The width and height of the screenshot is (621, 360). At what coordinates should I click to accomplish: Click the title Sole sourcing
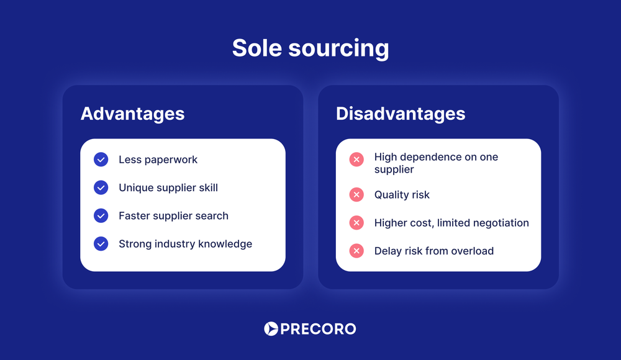coord(310,48)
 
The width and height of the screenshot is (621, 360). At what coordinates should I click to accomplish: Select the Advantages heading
coord(132,114)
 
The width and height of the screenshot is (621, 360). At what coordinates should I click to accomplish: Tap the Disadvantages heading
coord(401,114)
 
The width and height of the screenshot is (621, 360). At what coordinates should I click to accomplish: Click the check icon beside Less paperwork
coord(101,160)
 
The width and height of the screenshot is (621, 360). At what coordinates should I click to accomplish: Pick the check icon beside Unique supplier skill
coord(101,187)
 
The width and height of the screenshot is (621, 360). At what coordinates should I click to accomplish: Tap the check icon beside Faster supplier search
coord(101,215)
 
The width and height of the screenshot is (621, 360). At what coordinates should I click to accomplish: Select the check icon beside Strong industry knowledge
coord(101,244)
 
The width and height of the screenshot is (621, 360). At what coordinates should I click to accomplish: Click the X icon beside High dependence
coord(356,160)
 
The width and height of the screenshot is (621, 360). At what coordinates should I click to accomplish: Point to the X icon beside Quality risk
coord(356,195)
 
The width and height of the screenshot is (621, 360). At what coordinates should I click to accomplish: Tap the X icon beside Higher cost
coord(356,223)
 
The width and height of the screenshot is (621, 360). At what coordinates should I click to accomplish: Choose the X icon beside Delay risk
coord(356,251)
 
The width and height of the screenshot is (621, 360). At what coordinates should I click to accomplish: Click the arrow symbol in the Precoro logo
coord(271,329)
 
